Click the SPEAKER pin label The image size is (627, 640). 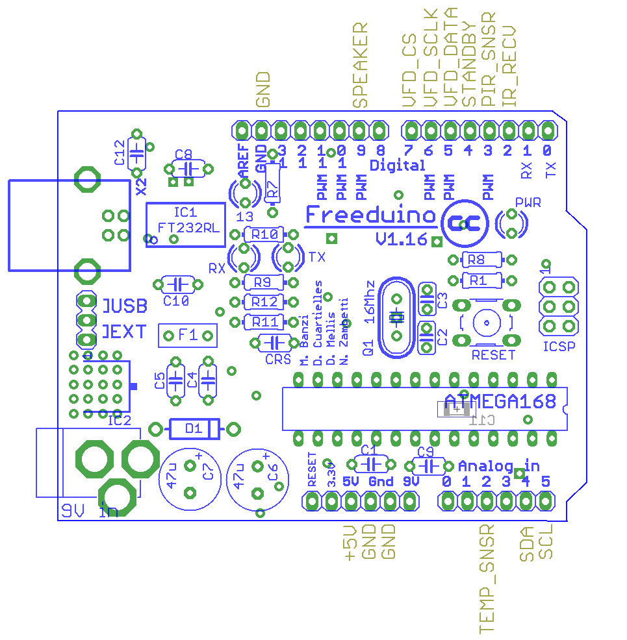pos(360,65)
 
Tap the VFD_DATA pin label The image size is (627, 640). pos(450,57)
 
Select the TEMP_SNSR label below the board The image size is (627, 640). pos(487,579)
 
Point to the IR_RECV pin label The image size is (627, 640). pos(510,66)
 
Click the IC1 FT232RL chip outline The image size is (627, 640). pos(185,221)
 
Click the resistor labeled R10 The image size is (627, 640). pos(264,234)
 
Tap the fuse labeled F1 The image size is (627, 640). pos(188,335)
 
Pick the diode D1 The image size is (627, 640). pos(194,428)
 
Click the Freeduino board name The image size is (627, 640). pos(370,215)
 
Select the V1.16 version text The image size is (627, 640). pos(402,240)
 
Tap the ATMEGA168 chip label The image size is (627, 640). pos(500,402)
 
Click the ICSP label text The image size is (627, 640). pos(559,347)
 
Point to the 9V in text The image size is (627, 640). pos(89,511)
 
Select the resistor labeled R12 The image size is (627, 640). pos(264,302)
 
